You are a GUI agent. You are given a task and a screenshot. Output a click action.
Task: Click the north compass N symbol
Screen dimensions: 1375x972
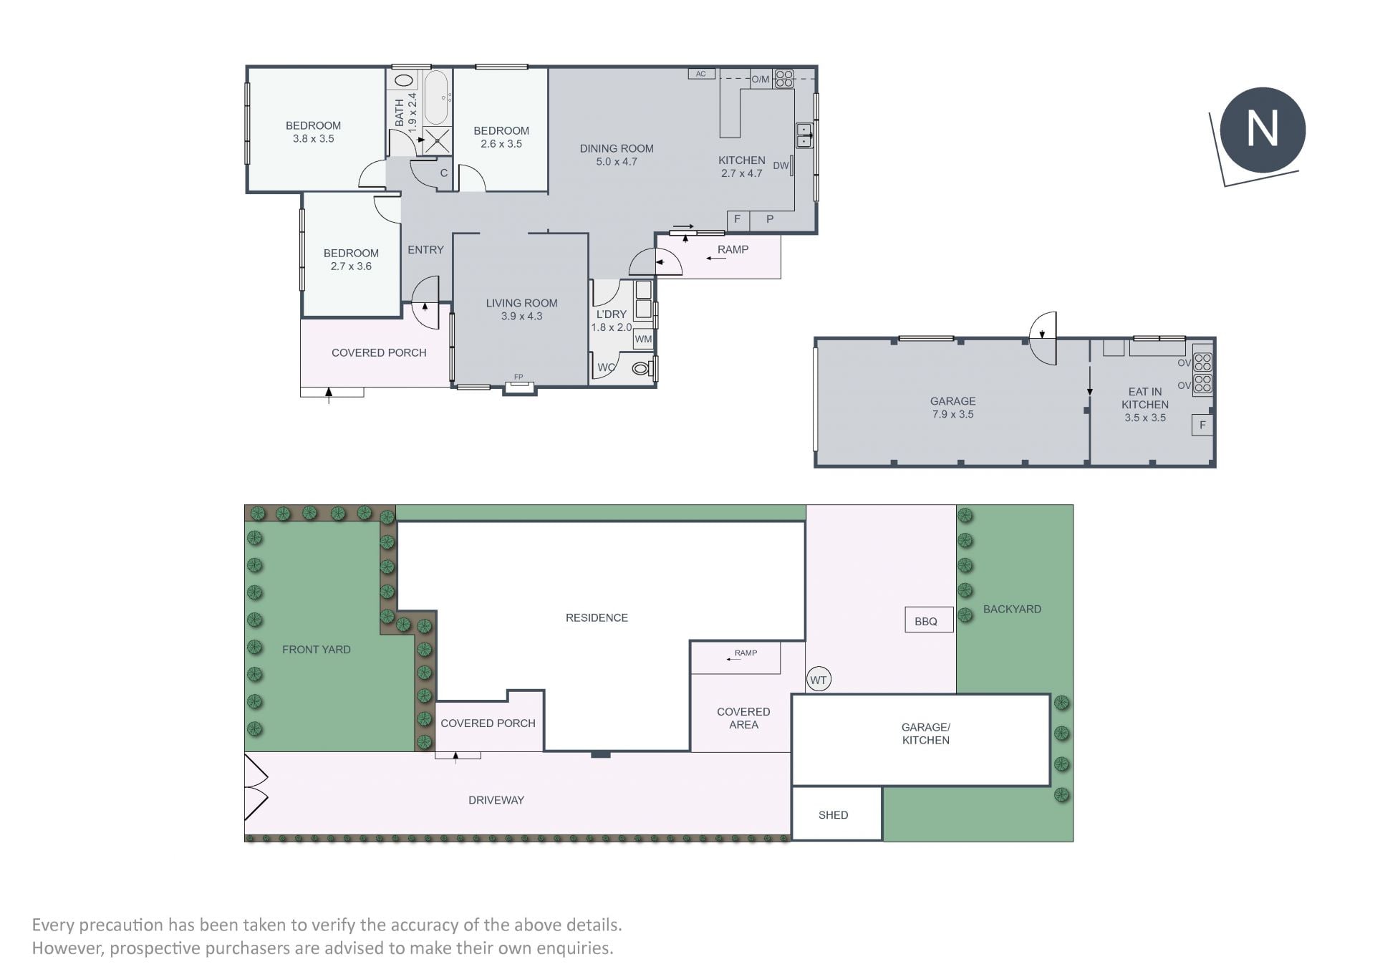(x=1263, y=130)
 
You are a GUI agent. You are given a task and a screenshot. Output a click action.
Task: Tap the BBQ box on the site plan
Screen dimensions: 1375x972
(x=929, y=620)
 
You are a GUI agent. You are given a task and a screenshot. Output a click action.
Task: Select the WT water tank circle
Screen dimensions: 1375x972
(x=819, y=680)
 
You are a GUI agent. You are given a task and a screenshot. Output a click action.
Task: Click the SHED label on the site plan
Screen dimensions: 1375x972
(x=833, y=815)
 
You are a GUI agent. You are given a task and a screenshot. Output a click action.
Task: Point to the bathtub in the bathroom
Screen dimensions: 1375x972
(x=436, y=97)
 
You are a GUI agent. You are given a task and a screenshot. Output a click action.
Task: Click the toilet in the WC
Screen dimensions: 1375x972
(x=642, y=369)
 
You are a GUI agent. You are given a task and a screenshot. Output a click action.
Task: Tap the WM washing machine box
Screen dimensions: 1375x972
(x=643, y=339)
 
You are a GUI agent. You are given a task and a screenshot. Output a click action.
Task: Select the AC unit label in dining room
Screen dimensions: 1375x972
(x=701, y=74)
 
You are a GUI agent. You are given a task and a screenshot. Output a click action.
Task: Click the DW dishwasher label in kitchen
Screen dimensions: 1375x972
(x=781, y=165)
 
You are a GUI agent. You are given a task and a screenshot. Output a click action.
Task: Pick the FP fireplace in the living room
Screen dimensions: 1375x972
(x=519, y=386)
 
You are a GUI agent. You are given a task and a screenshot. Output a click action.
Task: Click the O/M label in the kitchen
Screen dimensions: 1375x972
(x=761, y=80)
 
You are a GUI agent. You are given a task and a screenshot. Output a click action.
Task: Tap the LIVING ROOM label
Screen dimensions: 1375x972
(x=521, y=303)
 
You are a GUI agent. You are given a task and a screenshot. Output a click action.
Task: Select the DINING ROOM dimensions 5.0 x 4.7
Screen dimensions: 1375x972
(x=617, y=162)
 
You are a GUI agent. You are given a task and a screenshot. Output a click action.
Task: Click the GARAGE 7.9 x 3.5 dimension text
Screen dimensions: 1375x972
(x=952, y=414)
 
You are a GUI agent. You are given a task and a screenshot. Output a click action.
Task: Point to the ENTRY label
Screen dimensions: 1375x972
(x=425, y=250)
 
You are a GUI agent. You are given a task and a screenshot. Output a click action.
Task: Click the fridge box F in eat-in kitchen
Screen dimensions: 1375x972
(x=1202, y=425)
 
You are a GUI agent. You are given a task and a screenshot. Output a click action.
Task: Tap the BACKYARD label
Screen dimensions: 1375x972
(x=1012, y=609)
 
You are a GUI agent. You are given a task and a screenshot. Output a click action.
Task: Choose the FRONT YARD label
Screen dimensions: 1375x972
(x=317, y=650)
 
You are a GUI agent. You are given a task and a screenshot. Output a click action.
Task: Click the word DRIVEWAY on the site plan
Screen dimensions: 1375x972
(x=496, y=800)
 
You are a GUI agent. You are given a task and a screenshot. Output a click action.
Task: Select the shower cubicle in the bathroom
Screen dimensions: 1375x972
(x=436, y=140)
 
